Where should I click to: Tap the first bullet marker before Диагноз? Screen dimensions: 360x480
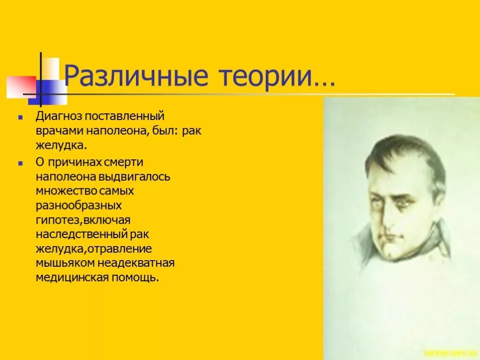click(x=20, y=115)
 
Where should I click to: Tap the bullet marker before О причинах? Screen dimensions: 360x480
click(x=20, y=162)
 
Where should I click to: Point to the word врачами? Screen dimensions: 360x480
click(x=57, y=130)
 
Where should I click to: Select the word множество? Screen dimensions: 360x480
click(x=66, y=191)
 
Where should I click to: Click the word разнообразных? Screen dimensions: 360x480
click(x=79, y=205)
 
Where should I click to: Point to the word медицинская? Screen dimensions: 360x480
click(x=72, y=277)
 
